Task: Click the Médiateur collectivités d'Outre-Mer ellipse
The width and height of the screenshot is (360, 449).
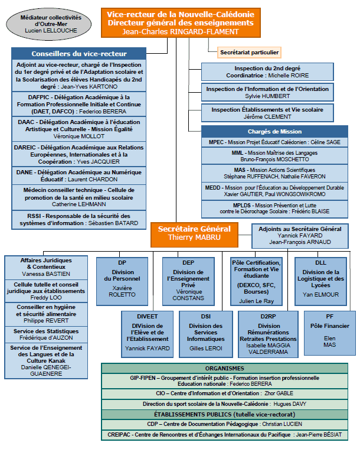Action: tap(48, 24)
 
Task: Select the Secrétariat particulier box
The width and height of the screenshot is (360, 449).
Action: tap(249, 53)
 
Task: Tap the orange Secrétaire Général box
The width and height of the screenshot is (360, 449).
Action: tap(194, 235)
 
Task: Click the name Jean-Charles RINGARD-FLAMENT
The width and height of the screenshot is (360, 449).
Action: tap(181, 31)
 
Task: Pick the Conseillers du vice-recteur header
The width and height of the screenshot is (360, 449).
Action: tap(79, 54)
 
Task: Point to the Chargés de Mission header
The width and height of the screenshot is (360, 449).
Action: tap(274, 131)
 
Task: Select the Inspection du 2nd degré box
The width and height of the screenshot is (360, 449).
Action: tap(267, 72)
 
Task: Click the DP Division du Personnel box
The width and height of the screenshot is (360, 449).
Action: tap(122, 281)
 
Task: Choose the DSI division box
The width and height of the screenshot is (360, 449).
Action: tap(206, 334)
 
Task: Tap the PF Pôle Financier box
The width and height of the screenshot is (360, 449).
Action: tap(330, 333)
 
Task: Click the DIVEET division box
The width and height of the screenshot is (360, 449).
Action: tap(148, 334)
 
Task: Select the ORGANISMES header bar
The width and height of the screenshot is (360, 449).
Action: tap(225, 368)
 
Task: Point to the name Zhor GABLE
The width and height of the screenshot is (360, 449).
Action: tap(279, 393)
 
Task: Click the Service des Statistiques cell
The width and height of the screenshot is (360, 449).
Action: tap(46, 334)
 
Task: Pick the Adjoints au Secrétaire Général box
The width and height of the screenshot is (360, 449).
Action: tap(300, 236)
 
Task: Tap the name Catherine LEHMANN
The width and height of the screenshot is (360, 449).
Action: tap(79, 204)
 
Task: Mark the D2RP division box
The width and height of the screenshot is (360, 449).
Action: tap(268, 334)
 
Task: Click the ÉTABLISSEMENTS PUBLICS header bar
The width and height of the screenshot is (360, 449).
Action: tap(225, 414)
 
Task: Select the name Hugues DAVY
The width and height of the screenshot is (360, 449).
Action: tap(290, 404)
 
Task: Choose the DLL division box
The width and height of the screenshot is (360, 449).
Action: tap(321, 281)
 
